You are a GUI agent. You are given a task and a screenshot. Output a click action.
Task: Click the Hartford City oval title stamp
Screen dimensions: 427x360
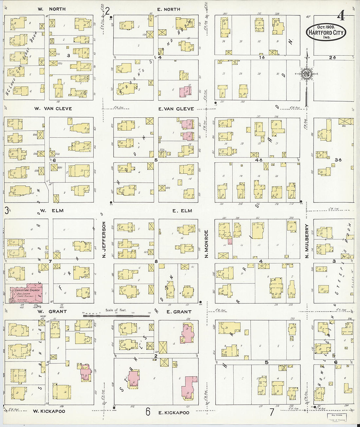click(x=326, y=32)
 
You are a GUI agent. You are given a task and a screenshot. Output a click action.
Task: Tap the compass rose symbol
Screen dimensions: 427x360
click(x=307, y=74)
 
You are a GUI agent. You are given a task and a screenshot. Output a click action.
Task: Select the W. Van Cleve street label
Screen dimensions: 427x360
click(x=53, y=109)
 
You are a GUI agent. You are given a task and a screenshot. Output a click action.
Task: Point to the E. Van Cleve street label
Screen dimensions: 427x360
click(x=176, y=109)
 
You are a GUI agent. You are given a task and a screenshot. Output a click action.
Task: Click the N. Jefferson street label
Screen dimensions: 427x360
click(x=104, y=239)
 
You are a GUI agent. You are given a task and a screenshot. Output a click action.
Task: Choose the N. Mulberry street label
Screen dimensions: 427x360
click(x=307, y=241)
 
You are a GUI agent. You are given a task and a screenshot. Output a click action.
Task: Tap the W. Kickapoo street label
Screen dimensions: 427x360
click(x=49, y=411)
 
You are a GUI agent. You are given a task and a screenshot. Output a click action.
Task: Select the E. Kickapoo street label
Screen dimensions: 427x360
click(x=173, y=413)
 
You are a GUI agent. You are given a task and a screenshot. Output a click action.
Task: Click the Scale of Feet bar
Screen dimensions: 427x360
click(x=116, y=316)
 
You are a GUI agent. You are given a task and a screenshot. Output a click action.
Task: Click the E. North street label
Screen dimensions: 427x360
click(x=169, y=9)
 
